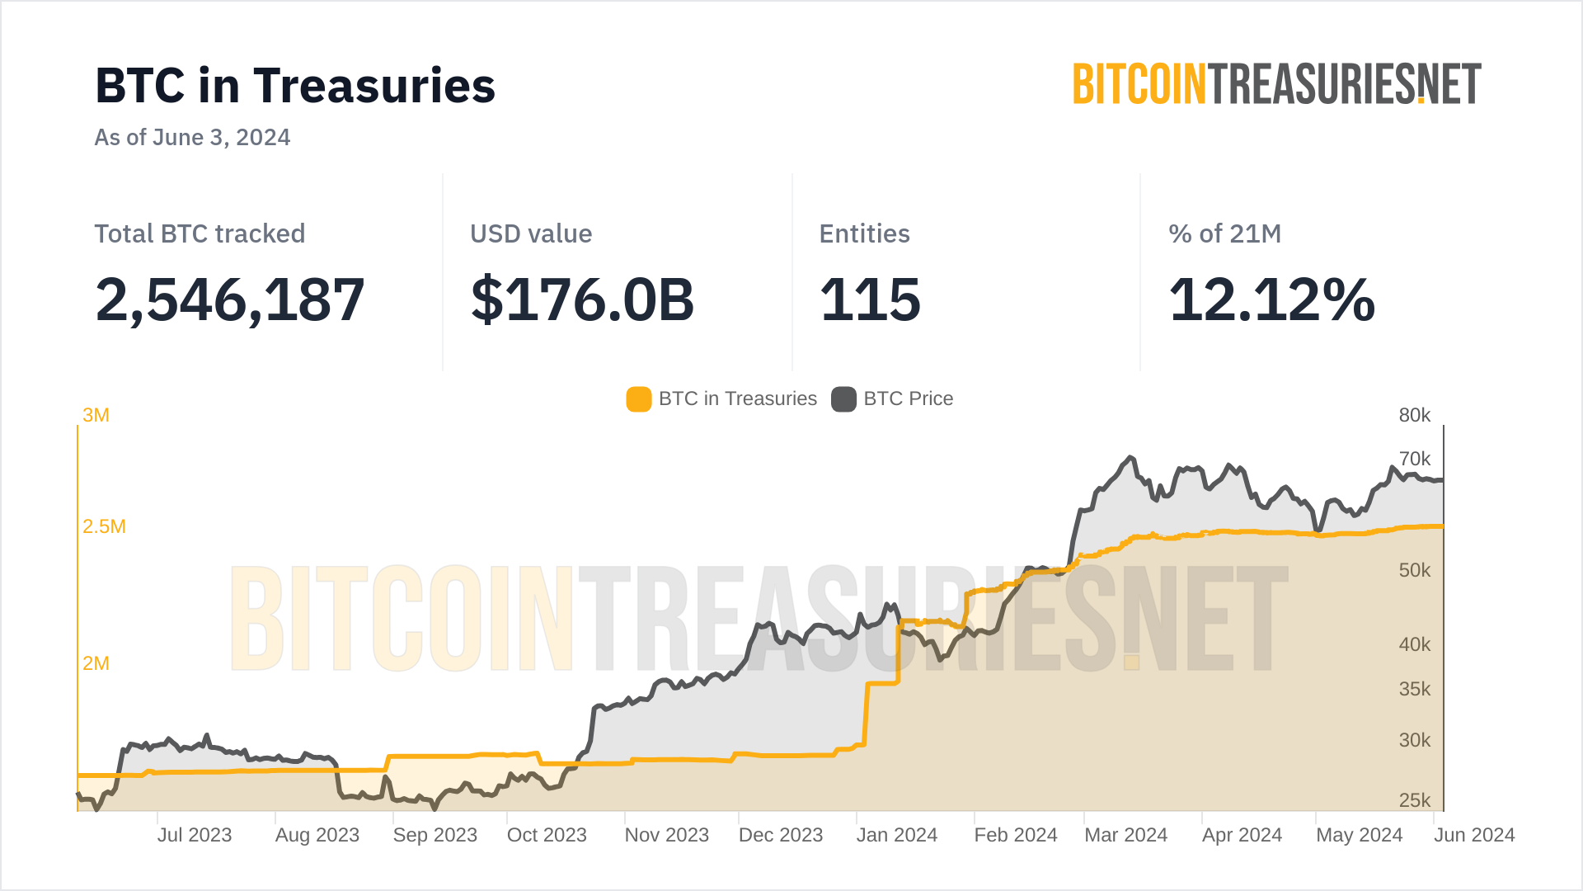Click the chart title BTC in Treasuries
(x=295, y=86)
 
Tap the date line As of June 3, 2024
(x=192, y=137)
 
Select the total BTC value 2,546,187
(x=230, y=299)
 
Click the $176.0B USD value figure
(x=582, y=299)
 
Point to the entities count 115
(x=870, y=299)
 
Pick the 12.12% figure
(x=1272, y=299)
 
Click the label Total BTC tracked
(x=200, y=233)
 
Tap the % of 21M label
(x=1224, y=233)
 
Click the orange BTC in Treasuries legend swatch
(x=639, y=399)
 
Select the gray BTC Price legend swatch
(x=843, y=399)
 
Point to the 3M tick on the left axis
(x=96, y=415)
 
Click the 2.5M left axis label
(x=104, y=526)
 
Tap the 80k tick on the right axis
(x=1415, y=415)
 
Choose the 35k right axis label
(x=1415, y=689)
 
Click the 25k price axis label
(x=1415, y=800)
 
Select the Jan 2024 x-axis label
(x=897, y=835)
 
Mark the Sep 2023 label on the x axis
(x=435, y=835)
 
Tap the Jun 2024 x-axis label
(x=1474, y=835)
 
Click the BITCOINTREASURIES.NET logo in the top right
(x=1276, y=84)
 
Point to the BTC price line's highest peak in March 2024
(x=1130, y=457)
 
